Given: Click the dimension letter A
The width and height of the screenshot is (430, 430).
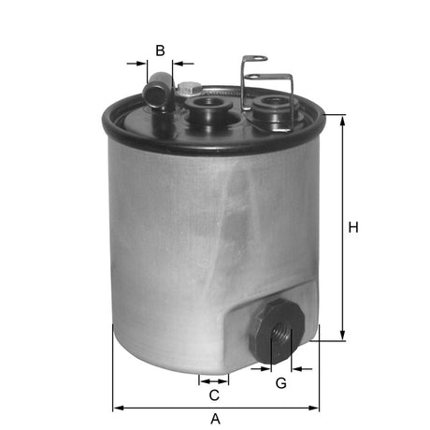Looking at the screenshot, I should [x=215, y=419].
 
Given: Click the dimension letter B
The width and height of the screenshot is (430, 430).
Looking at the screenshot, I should [x=160, y=50].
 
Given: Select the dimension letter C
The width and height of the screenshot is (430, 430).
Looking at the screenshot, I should [x=214, y=394].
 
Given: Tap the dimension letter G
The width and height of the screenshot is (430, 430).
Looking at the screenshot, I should [x=280, y=383].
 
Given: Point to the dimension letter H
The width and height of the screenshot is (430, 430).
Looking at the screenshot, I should [x=353, y=227].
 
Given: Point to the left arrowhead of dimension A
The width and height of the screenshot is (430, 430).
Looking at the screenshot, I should [x=118, y=408].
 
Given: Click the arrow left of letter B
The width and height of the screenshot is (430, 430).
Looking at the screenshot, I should [x=139, y=64].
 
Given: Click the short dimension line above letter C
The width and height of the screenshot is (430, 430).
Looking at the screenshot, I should [x=214, y=380].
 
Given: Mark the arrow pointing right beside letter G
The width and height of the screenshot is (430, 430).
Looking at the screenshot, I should [x=263, y=369].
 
